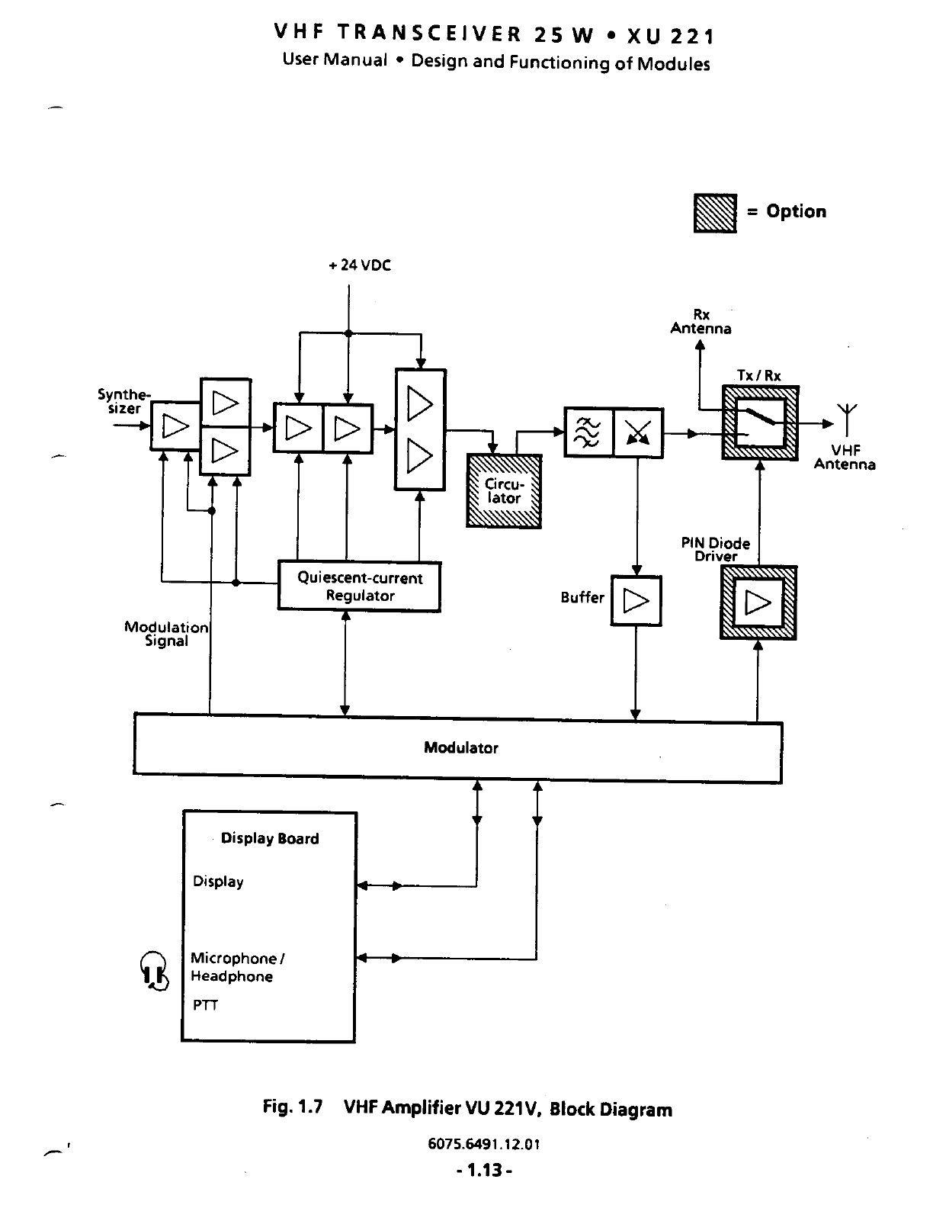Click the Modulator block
pos(457,748)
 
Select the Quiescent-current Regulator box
pos(359,586)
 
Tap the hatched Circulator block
pos(504,491)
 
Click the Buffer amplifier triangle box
pos(636,602)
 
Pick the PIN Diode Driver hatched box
pos(758,603)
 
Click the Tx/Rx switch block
pos(760,423)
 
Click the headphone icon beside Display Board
pos(154,971)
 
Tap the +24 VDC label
pos(360,265)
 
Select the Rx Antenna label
pos(701,322)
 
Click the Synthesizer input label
pos(123,401)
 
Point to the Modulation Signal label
pos(166,635)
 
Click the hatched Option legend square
pos(715,213)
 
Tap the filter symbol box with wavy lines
pos(588,433)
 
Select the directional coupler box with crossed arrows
pos(638,433)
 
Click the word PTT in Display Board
pos(205,1006)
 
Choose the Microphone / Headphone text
pos(236,967)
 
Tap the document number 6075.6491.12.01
pos(484,1144)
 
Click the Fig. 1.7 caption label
pos(293,1107)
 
